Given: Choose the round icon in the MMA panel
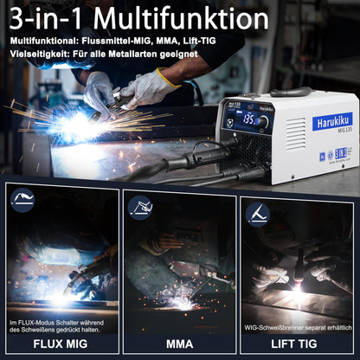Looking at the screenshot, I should click(x=141, y=206).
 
